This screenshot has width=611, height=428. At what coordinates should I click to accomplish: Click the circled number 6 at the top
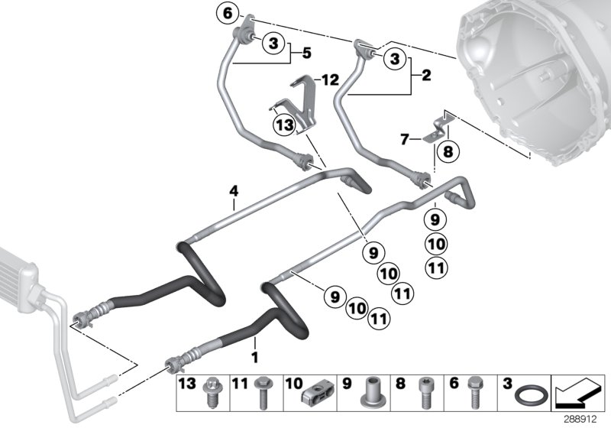[226, 13]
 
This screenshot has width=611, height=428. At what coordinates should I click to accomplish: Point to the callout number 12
[329, 79]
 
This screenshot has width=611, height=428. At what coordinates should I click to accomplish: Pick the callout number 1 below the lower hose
[255, 356]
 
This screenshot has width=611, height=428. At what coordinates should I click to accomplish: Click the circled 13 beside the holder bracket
[284, 125]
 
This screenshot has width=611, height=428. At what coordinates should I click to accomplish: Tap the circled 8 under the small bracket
[447, 151]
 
